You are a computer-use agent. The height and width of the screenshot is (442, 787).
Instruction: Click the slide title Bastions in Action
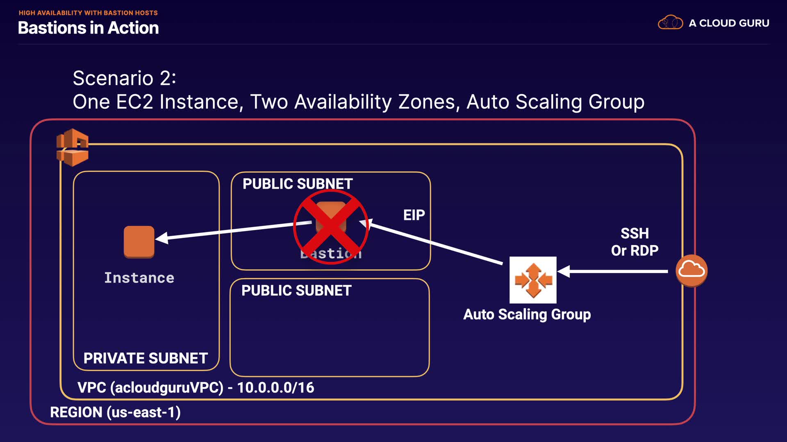(x=88, y=28)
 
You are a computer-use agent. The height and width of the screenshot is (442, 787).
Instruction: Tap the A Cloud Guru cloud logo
(x=670, y=23)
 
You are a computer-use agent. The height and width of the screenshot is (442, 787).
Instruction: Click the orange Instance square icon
(x=139, y=242)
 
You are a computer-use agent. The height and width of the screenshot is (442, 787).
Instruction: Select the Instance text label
(x=139, y=278)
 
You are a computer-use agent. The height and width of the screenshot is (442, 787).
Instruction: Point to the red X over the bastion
(x=331, y=227)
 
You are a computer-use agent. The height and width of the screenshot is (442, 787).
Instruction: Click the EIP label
(x=414, y=215)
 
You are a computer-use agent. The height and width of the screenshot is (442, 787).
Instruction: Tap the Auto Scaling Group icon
(x=533, y=280)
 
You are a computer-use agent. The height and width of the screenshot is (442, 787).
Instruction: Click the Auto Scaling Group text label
(x=527, y=314)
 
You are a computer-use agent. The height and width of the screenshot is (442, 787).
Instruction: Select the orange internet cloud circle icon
(x=691, y=271)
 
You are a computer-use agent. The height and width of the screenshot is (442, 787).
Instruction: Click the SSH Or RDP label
(x=635, y=242)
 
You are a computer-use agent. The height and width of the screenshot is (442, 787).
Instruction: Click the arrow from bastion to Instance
(x=234, y=230)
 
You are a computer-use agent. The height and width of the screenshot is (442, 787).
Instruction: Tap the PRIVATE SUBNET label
(x=146, y=358)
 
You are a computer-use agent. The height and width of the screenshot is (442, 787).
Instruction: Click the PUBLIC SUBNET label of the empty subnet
(x=296, y=291)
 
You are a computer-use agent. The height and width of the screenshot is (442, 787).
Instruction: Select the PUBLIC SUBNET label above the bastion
(x=298, y=184)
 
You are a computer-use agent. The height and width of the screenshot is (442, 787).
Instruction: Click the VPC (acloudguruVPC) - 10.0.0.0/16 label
(x=196, y=387)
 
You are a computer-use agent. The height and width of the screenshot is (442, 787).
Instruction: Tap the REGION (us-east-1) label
(x=115, y=412)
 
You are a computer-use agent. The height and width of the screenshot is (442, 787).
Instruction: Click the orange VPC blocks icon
(x=73, y=147)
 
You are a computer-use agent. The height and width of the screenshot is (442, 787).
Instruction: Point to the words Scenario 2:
(x=124, y=78)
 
